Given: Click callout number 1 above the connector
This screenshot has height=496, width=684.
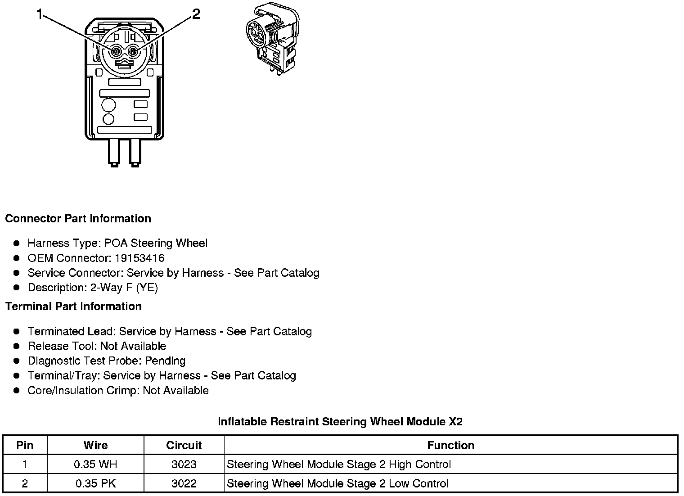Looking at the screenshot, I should coord(40,15).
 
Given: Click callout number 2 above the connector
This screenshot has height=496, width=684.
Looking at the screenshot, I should coord(196,14).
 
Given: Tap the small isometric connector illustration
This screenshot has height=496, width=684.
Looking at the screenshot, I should coord(273,38).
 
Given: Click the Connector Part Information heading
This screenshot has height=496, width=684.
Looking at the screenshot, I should coord(78,219).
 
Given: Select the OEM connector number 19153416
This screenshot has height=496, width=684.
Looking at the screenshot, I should coord(139,258).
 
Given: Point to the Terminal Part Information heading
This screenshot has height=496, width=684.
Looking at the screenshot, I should coord(73,307).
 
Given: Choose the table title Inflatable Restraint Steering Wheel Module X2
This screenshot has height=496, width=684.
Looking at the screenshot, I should coord(340,422).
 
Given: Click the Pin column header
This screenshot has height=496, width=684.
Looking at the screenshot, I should coord(25,446).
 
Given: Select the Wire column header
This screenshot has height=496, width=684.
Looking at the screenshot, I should coord(95,446).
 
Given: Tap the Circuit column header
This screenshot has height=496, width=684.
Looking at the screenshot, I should coord(184,446).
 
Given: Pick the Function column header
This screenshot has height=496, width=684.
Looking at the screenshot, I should coord(450,446).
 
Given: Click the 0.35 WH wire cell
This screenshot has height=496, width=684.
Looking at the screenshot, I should coord(95,464).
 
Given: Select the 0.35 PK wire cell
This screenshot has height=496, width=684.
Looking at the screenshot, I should coord(95,484).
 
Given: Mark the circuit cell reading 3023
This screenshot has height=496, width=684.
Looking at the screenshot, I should coord(184,464).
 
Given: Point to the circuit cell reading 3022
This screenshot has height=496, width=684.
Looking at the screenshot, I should coord(184,484).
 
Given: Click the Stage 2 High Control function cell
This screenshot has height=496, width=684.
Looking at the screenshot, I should coord(338,464).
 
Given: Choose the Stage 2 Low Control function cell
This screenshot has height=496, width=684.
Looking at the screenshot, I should coord(337,484).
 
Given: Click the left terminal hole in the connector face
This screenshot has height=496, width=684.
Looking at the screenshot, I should coord(116,52).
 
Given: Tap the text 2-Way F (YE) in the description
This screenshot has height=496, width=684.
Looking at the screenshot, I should coord(124,288).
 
